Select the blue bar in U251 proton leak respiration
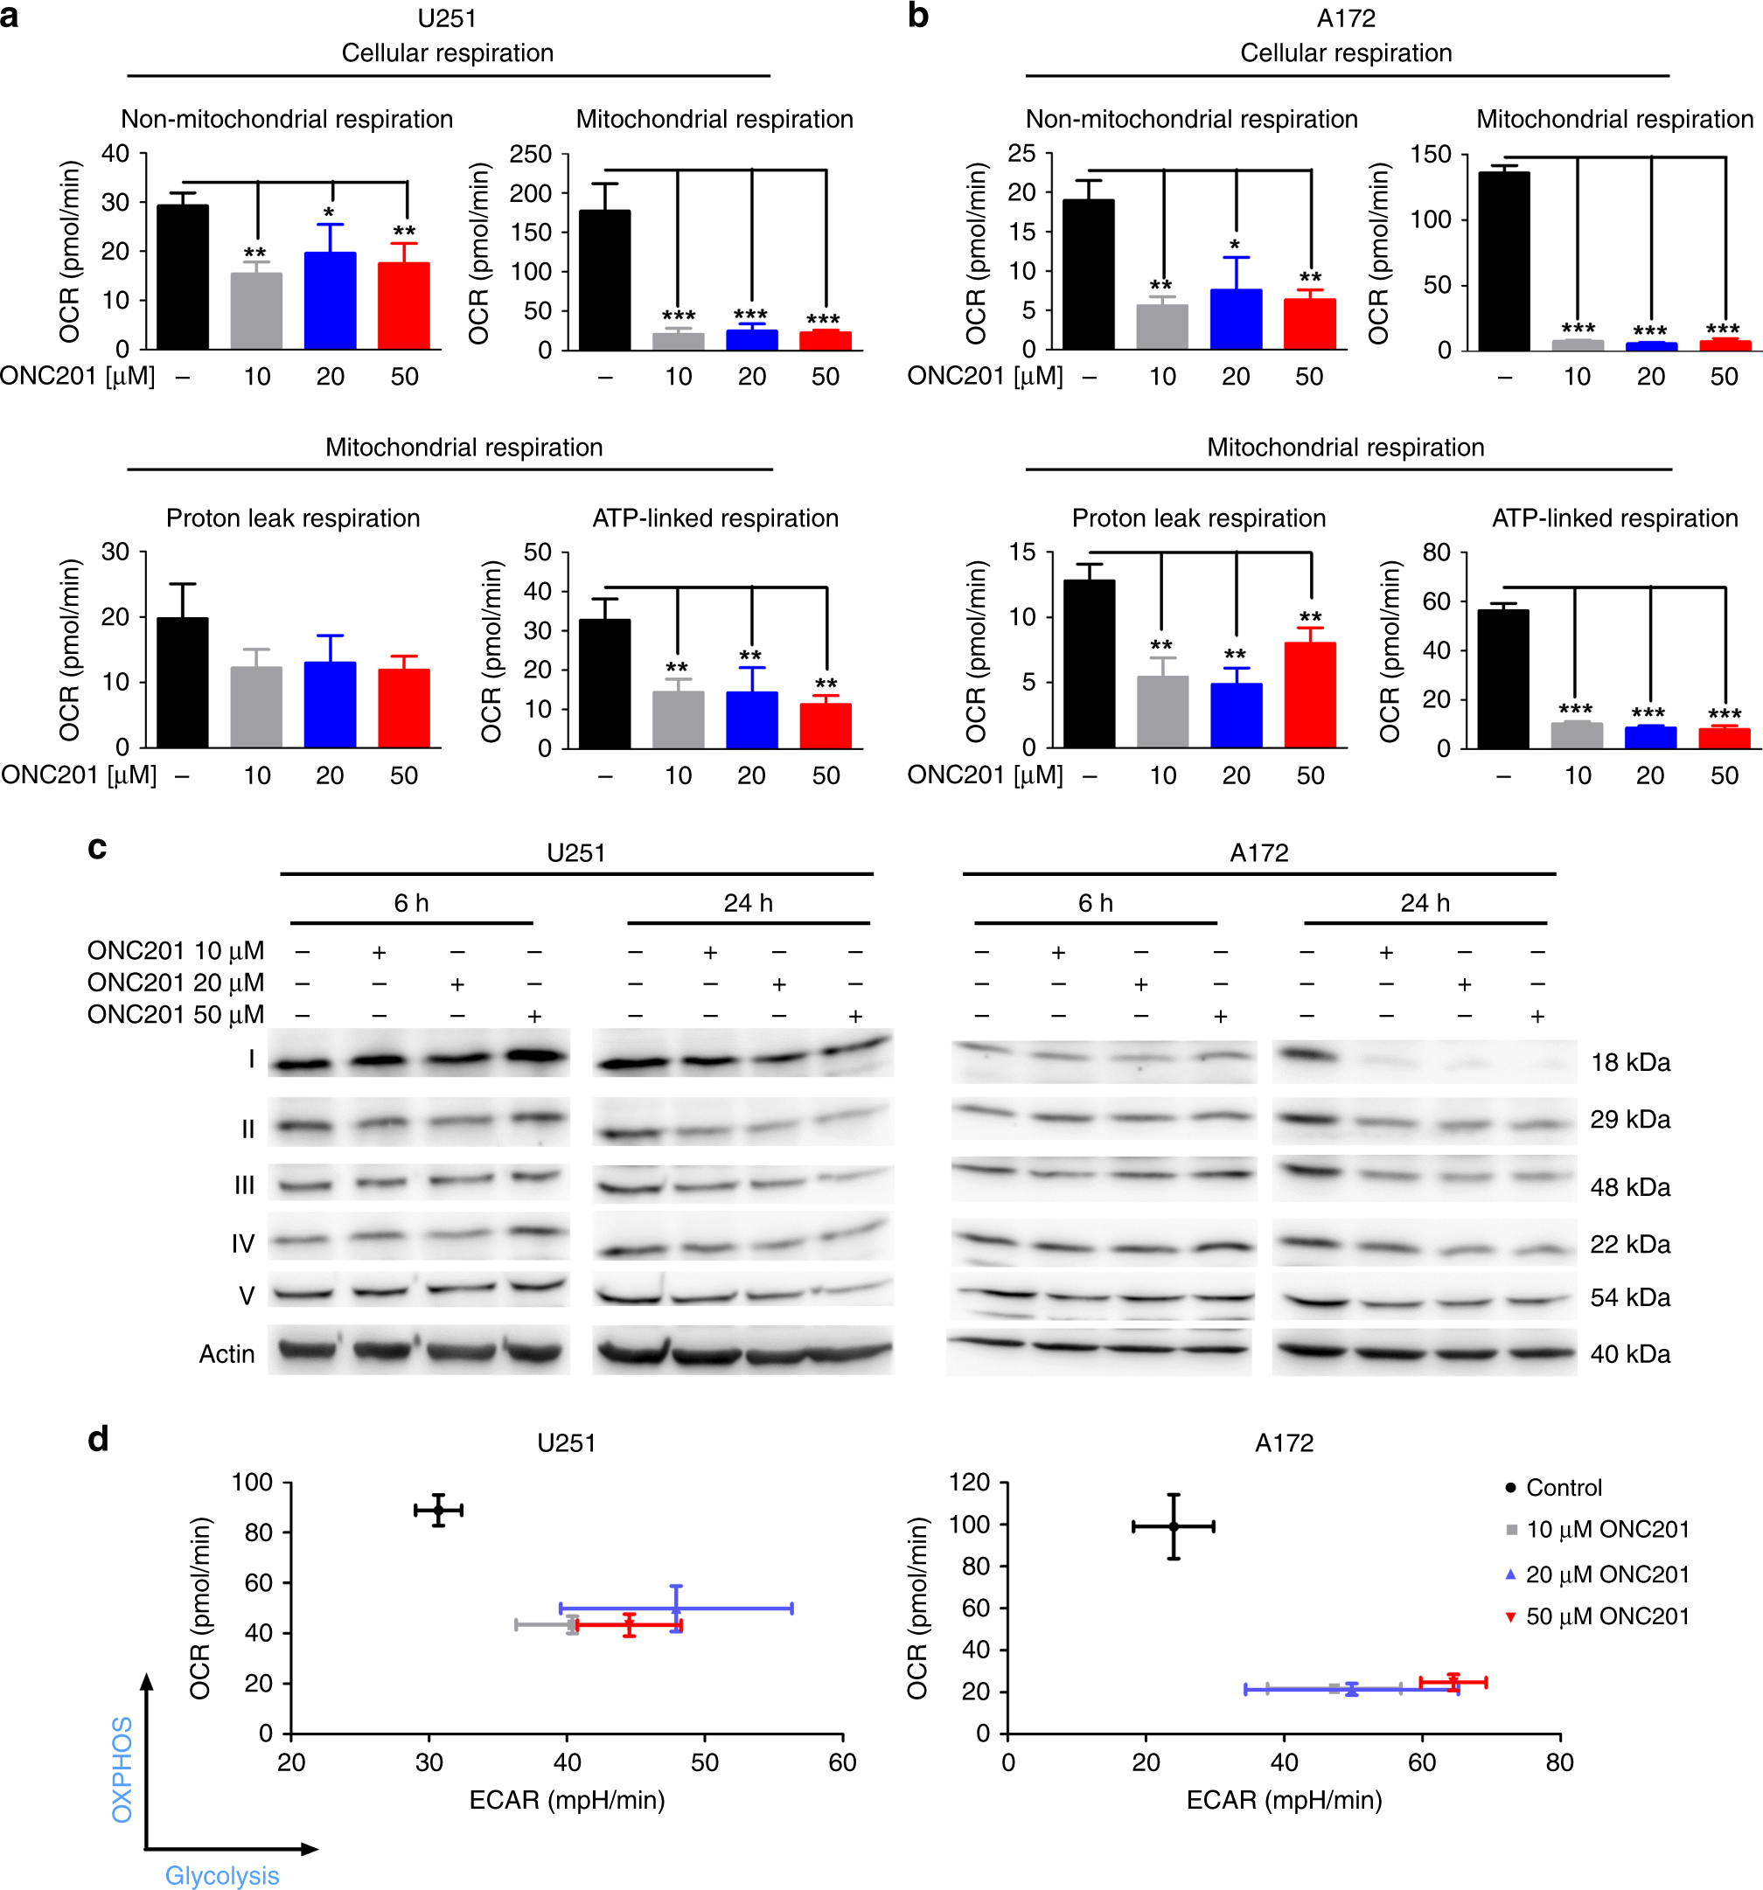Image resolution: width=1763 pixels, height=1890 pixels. click(330, 705)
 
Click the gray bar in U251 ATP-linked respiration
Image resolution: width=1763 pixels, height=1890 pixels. click(678, 719)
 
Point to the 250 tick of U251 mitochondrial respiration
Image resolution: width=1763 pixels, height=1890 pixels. click(531, 154)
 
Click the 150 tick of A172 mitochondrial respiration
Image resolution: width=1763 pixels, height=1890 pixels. click(1430, 154)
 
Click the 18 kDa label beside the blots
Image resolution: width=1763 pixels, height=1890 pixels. click(1630, 1062)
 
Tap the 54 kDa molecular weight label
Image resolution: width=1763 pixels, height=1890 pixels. click(1630, 1296)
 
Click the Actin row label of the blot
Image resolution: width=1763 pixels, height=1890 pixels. click(226, 1354)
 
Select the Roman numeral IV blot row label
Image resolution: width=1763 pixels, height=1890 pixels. click(242, 1243)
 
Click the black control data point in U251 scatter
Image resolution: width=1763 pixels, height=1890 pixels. click(438, 1510)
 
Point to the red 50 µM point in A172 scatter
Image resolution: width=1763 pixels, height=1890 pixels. click(1452, 1682)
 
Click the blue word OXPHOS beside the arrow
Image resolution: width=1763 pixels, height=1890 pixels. click(122, 1769)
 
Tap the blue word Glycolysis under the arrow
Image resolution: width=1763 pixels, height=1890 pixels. click(221, 1875)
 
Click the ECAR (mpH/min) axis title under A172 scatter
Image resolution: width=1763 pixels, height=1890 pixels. click(1284, 1800)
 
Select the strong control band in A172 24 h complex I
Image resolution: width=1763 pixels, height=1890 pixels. click(1305, 1055)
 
